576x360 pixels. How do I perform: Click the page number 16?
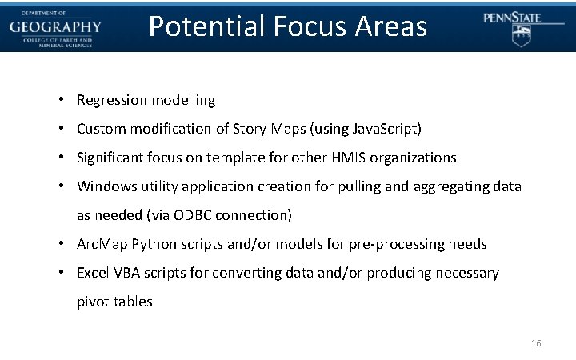[536, 343]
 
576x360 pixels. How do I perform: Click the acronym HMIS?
[360, 158]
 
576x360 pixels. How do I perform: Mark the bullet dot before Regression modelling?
[61, 100]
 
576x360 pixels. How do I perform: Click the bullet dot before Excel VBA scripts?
[61, 273]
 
